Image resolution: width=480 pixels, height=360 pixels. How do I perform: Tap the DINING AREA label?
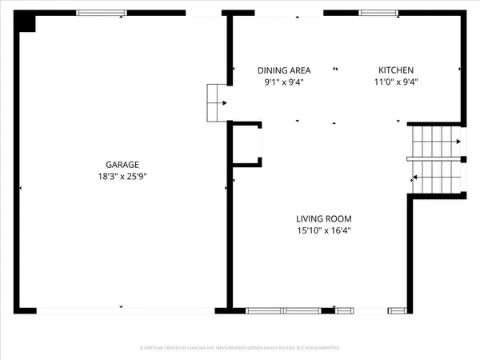pos(283,70)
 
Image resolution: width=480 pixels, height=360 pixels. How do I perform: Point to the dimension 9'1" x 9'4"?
pos(283,82)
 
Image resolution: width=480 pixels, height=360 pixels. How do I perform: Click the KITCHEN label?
pos(395,70)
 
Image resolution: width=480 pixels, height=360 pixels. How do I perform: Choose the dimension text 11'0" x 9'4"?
pos(395,82)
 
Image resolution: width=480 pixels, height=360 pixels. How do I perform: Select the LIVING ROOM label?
pos(324,218)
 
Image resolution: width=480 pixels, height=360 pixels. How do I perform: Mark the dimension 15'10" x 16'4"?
pos(324,231)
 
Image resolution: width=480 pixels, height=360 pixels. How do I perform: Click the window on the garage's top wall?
pos(102,13)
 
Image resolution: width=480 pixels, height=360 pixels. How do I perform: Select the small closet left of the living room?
pos(246,145)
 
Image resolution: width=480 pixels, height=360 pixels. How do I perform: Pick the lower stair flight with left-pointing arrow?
pos(436,175)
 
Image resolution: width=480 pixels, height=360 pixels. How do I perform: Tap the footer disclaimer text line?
pos(240,349)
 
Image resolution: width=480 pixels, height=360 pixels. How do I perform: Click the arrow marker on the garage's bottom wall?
pos(120,306)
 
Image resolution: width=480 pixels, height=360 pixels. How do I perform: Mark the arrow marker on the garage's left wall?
pos(20,188)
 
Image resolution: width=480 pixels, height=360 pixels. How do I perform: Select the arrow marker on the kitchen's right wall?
pos(460,70)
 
